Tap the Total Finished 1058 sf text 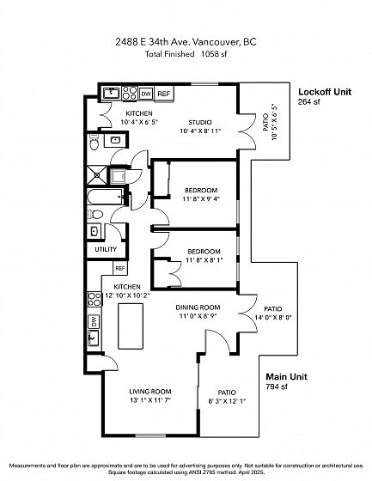(186, 54)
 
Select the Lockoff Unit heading (325, 92)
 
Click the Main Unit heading (286, 377)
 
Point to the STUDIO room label (200, 122)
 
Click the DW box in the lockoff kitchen (146, 94)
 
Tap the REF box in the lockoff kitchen (164, 94)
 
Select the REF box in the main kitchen (120, 268)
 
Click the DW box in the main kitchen (94, 321)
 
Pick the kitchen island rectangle (131, 326)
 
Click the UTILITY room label (106, 249)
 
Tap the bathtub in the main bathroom (106, 197)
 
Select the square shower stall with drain (97, 175)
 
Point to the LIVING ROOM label (150, 392)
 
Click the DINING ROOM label (198, 307)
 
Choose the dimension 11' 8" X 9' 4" (201, 198)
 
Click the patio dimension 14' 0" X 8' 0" (273, 318)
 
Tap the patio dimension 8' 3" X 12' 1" (227, 401)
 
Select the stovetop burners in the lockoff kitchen (130, 94)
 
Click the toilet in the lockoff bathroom (94, 143)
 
